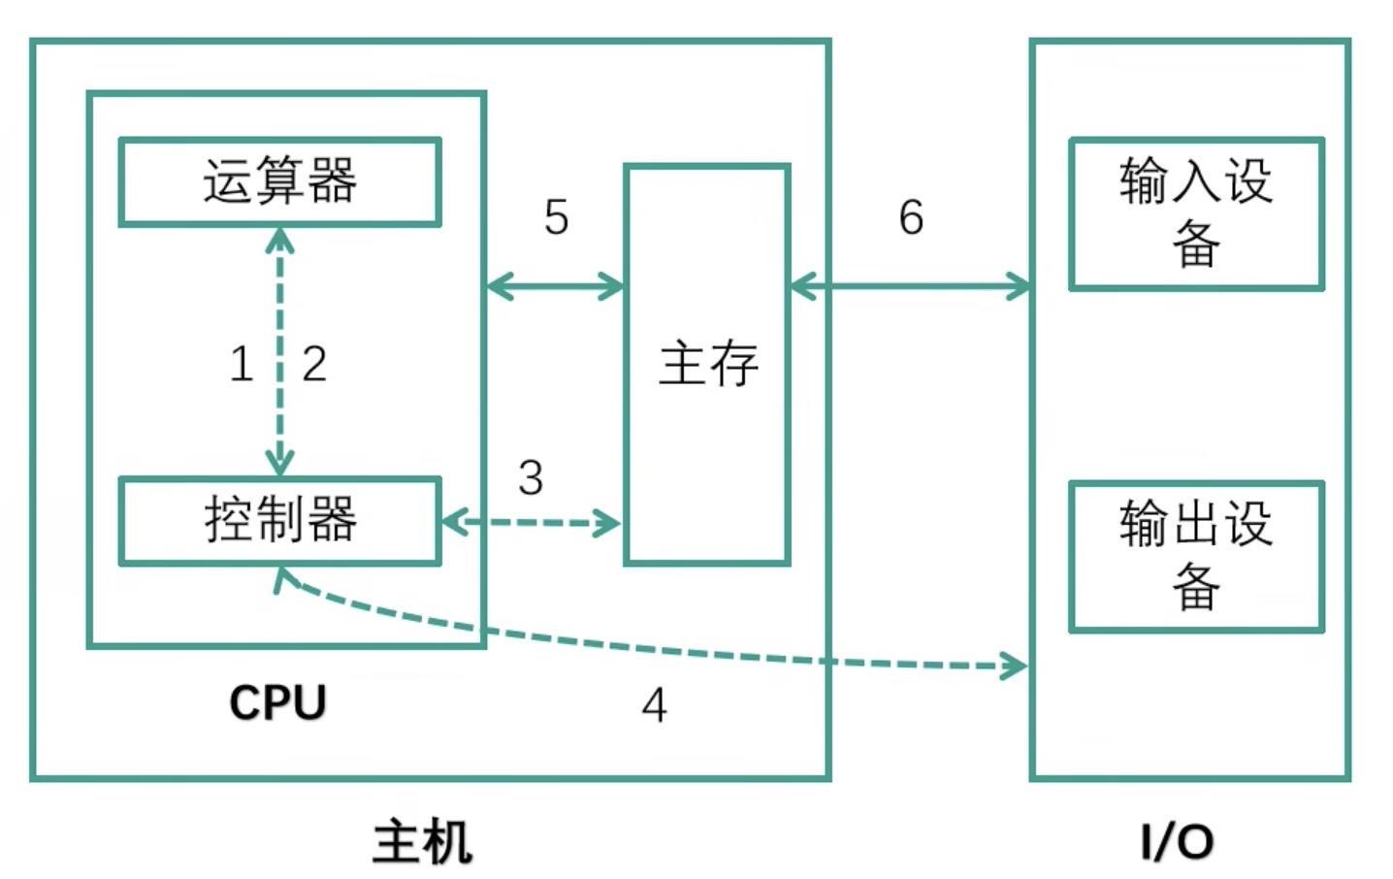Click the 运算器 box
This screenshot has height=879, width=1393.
point(279,182)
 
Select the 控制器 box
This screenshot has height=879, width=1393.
point(279,520)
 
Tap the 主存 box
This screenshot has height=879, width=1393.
point(707,364)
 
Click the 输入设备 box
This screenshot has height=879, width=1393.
point(1196,213)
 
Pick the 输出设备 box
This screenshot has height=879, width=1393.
point(1196,556)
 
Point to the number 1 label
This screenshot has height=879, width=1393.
point(242,365)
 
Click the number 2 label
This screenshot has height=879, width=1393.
point(314,365)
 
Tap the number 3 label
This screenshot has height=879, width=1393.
point(531,477)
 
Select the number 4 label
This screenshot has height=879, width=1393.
point(655,705)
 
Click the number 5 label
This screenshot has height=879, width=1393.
point(556,216)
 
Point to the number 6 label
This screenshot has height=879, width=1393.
point(911,216)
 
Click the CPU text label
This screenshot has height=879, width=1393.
point(277,702)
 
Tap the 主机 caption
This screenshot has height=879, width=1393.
point(423,841)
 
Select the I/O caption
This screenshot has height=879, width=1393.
point(1177,841)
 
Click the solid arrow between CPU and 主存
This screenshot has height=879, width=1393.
point(555,286)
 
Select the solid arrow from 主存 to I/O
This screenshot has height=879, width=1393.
point(910,286)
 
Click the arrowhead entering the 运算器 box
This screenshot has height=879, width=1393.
point(280,239)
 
